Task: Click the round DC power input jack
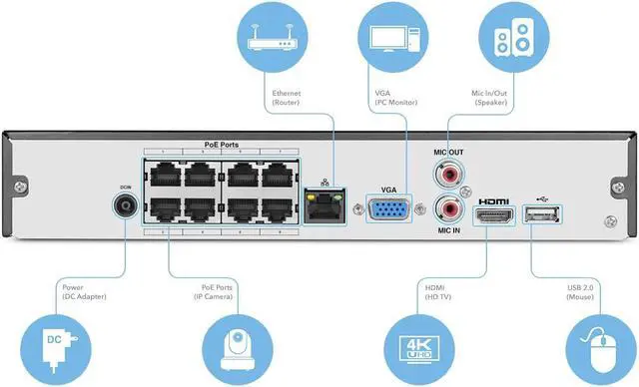coord(126,206)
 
